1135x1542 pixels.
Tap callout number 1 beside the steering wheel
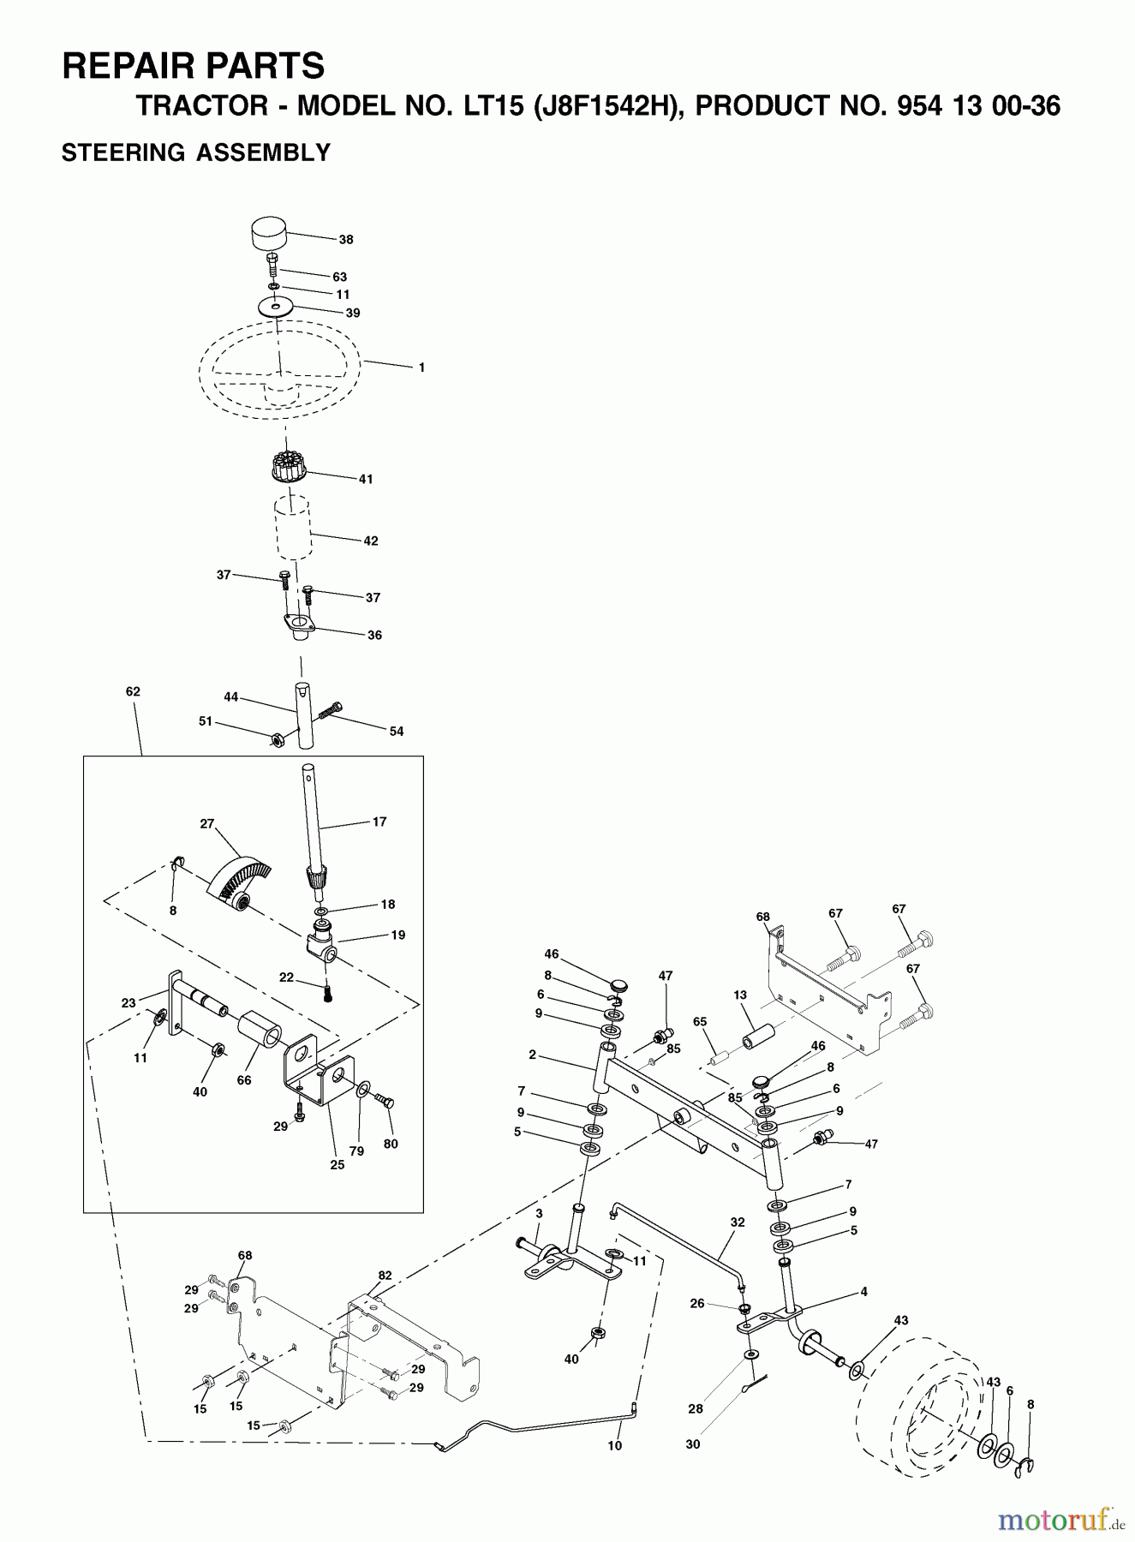pyautogui.click(x=421, y=368)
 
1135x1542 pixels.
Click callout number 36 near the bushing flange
pyautogui.click(x=374, y=635)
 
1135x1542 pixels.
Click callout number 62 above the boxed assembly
pyautogui.click(x=133, y=691)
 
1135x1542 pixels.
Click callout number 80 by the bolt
pyautogui.click(x=391, y=1144)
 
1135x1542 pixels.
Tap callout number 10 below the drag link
pyautogui.click(x=614, y=1445)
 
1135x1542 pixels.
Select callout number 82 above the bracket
pyautogui.click(x=385, y=1276)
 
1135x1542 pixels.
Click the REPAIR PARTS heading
pyautogui.click(x=193, y=66)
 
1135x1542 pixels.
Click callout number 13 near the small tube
pyautogui.click(x=740, y=995)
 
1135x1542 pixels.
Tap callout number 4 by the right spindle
pyautogui.click(x=863, y=1291)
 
